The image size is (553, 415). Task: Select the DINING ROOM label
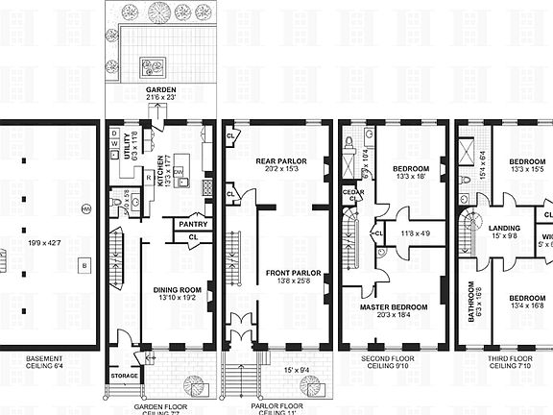(x=177, y=288)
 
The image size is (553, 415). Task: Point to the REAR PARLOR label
(x=279, y=161)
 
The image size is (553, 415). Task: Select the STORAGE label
(x=125, y=375)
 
